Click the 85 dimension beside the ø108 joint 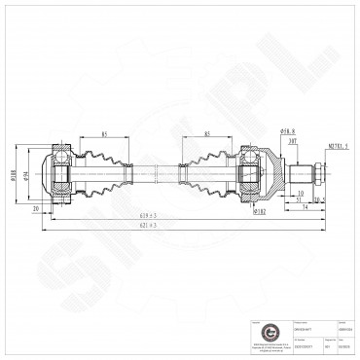click(102, 133)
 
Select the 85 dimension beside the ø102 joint click(207, 133)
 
